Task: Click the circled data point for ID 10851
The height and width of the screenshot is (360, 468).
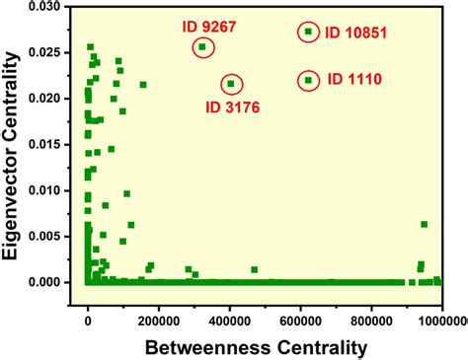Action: (x=308, y=32)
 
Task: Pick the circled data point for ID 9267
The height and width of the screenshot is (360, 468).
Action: (x=202, y=47)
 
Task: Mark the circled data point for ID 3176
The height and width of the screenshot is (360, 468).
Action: (x=231, y=84)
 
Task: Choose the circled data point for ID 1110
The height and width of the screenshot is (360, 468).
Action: (x=308, y=80)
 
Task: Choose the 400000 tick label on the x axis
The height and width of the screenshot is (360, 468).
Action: (x=230, y=319)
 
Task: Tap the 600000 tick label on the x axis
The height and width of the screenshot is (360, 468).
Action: (x=300, y=319)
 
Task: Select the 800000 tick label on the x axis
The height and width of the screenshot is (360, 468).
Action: (x=371, y=319)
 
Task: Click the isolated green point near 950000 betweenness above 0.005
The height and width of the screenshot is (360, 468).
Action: (x=424, y=225)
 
